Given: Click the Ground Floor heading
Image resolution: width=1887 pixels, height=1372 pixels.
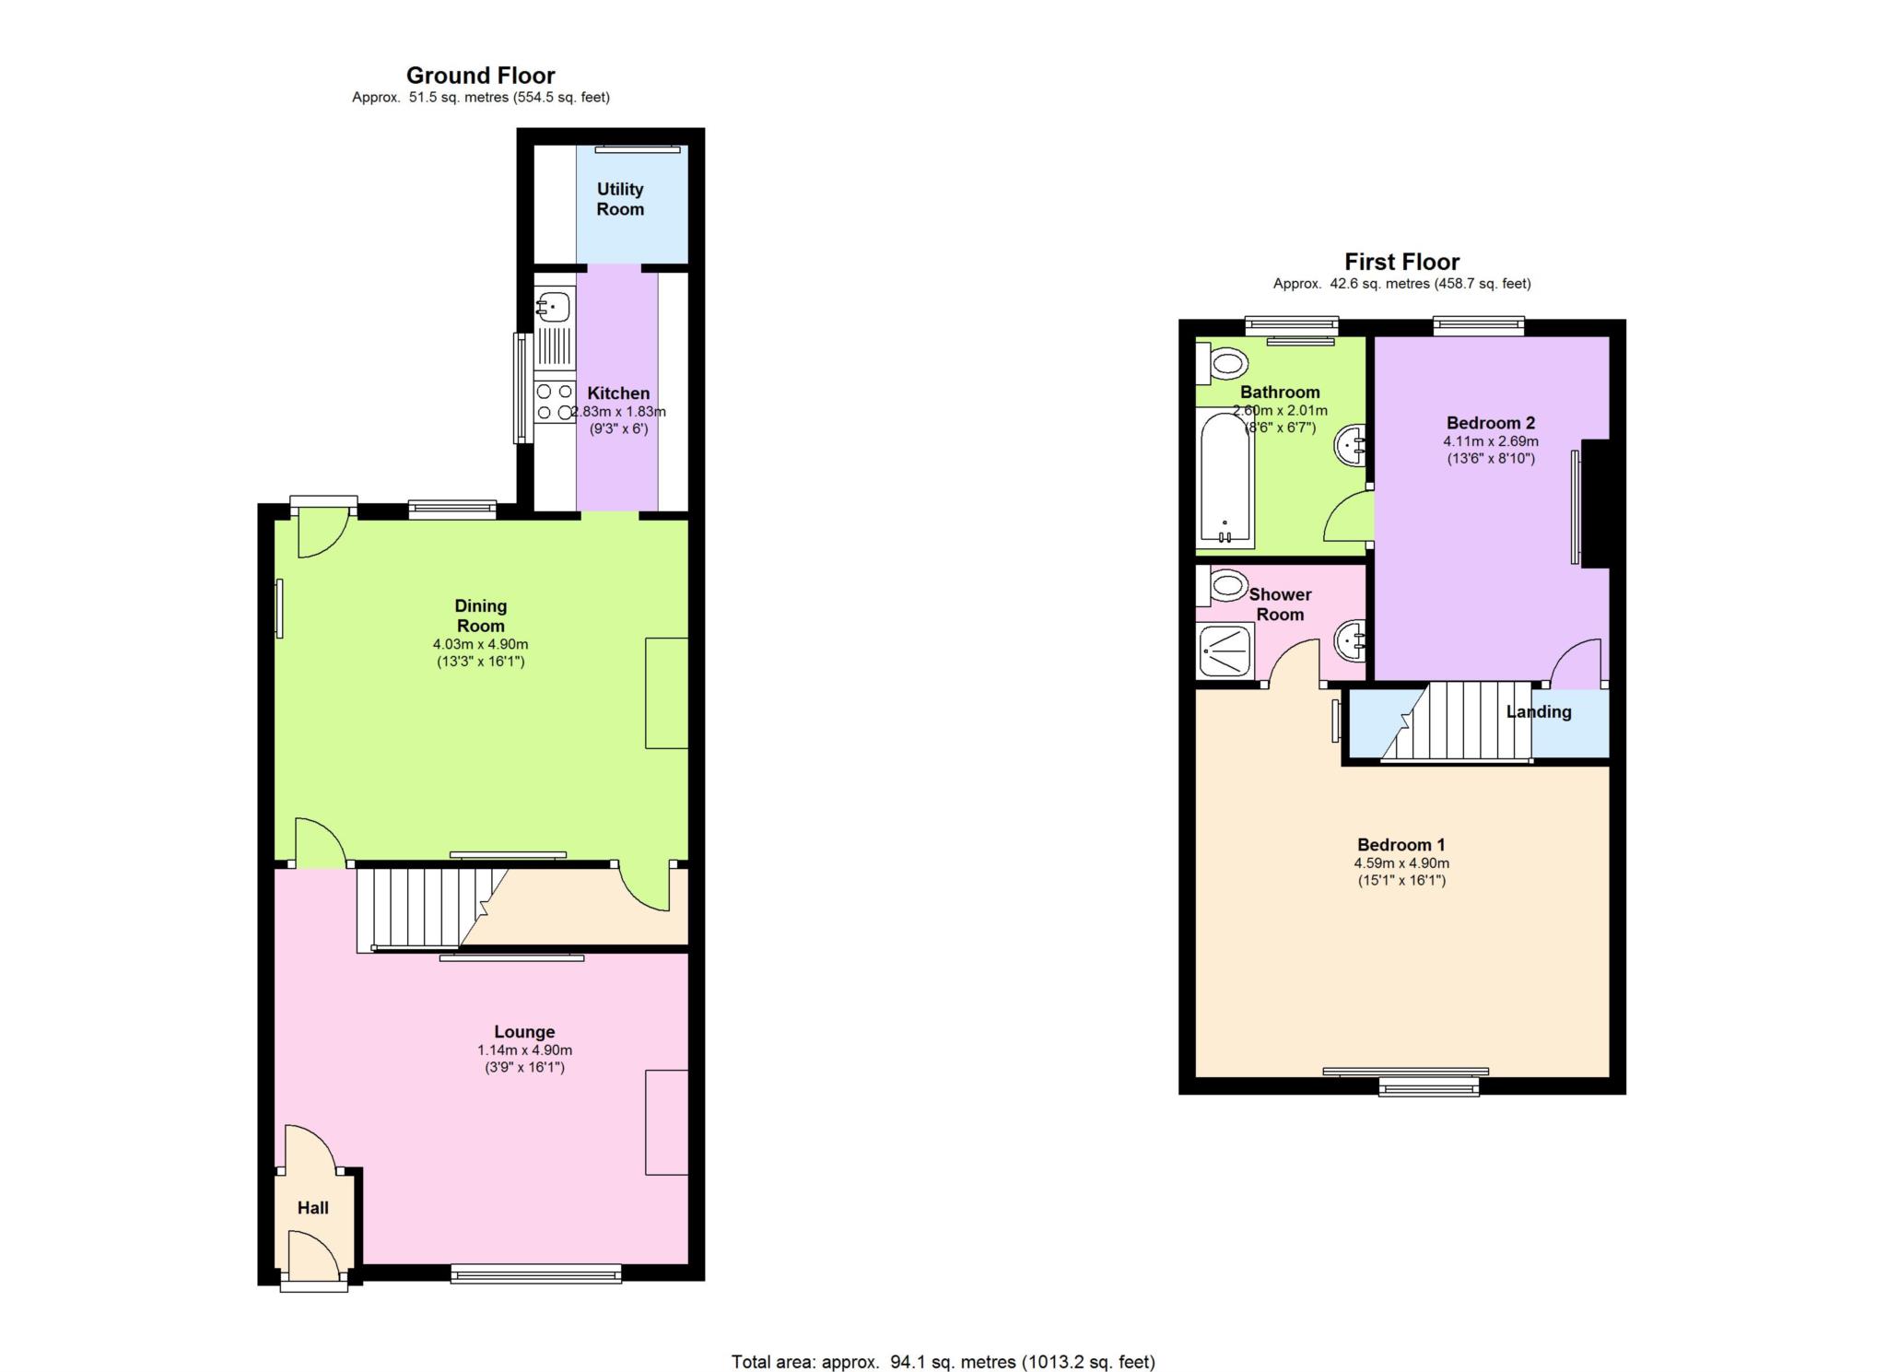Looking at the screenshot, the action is coord(480,76).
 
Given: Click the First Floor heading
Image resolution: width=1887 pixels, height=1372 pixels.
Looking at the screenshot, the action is coord(1401,262).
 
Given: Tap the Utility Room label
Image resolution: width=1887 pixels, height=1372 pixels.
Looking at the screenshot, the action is coord(620,199).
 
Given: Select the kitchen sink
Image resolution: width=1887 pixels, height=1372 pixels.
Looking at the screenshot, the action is coord(554,327).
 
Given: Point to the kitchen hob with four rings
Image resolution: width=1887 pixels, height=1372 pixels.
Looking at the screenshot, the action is coord(555,403).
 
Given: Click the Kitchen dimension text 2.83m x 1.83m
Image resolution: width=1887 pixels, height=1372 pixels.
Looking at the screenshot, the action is coord(618,412).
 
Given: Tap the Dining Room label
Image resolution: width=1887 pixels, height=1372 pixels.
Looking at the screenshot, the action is coord(481,616).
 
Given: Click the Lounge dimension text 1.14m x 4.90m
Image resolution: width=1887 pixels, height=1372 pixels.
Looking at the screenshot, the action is coord(524,1050).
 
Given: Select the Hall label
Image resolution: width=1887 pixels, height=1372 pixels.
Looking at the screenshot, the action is coord(313,1208).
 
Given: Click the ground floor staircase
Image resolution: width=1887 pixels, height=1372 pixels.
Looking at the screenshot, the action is coord(431,908).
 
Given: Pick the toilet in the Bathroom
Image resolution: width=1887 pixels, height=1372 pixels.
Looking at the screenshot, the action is coord(1222,362).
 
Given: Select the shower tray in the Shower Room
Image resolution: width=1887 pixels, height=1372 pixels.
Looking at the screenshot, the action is coord(1225,651).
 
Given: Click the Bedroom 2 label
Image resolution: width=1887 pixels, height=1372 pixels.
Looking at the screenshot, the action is coord(1491,423).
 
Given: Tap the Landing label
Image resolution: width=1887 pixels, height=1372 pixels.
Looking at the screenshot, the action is coord(1539,711).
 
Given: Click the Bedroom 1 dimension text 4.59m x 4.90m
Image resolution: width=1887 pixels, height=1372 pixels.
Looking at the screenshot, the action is coord(1401,863).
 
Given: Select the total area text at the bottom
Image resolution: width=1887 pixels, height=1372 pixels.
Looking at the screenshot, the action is coord(943,1362).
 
